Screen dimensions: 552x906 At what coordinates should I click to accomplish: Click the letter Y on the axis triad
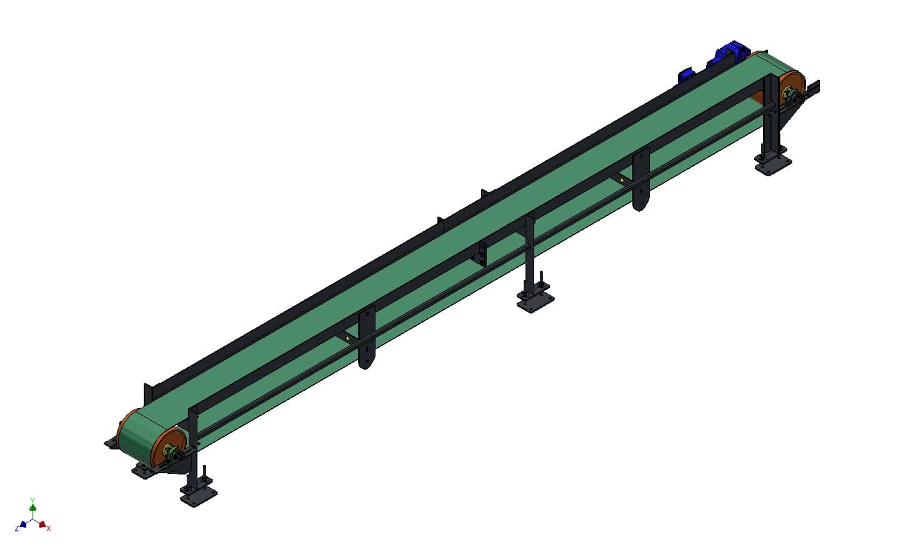click(x=32, y=499)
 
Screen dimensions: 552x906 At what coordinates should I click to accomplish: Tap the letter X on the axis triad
click(x=49, y=529)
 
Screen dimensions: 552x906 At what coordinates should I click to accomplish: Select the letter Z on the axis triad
click(x=17, y=529)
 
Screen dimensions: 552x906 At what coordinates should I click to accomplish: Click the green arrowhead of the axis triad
click(x=32, y=507)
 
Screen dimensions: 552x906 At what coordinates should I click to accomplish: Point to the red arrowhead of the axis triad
click(x=42, y=524)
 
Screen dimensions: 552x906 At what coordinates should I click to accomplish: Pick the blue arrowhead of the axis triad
click(x=24, y=524)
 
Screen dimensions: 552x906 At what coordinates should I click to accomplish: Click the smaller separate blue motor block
click(x=687, y=76)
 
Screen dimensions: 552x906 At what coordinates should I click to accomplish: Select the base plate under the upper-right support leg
click(x=773, y=165)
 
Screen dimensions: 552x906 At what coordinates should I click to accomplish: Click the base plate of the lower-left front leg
click(x=198, y=496)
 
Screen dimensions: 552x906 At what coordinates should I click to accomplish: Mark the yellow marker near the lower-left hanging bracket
click(x=348, y=339)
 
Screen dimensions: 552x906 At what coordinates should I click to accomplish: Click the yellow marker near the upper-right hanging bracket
click(x=622, y=181)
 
